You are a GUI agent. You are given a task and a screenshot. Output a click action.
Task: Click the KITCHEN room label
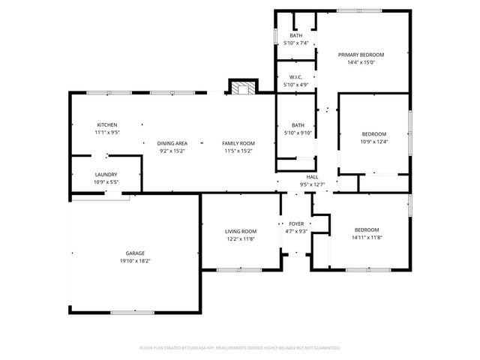click(107, 124)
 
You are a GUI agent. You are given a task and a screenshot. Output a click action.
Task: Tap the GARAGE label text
click(135, 253)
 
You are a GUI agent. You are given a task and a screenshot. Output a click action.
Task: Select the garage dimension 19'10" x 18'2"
click(135, 261)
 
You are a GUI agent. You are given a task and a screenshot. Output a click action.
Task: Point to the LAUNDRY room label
click(106, 174)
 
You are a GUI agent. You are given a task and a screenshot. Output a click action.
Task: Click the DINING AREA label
click(172, 142)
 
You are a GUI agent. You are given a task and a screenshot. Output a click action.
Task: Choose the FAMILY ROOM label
click(238, 142)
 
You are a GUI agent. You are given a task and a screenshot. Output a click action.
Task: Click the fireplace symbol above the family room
click(241, 88)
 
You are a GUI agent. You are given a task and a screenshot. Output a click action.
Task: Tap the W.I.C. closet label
click(296, 77)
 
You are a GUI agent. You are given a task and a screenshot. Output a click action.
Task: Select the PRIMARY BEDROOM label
click(361, 55)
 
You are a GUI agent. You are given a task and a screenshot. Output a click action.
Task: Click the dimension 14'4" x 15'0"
click(361, 62)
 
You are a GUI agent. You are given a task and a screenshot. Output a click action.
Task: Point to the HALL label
click(312, 176)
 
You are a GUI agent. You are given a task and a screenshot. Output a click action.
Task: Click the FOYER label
click(296, 223)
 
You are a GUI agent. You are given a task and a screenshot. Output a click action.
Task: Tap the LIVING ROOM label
click(241, 231)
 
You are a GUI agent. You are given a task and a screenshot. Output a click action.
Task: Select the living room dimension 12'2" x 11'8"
click(241, 238)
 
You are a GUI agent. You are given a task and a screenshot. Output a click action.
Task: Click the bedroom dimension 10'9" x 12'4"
click(373, 142)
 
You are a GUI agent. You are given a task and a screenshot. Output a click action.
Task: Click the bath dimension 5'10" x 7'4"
click(296, 43)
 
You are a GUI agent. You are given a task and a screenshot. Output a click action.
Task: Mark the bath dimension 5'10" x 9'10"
click(298, 133)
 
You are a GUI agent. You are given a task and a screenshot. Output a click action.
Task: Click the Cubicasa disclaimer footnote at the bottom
click(240, 348)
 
